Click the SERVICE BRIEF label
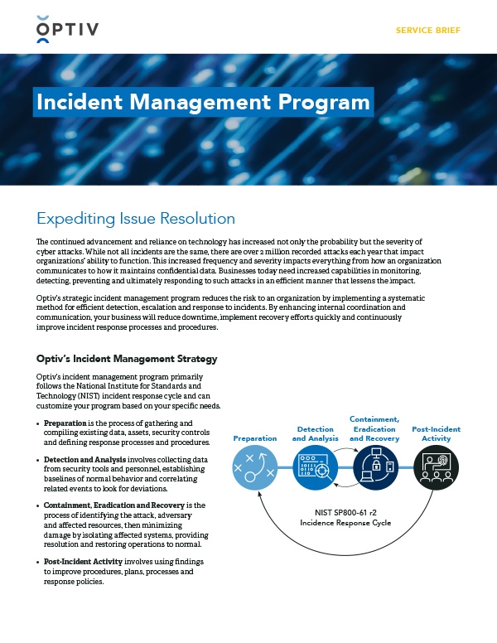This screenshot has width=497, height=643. (x=428, y=31)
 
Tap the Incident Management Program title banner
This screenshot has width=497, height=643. (x=203, y=102)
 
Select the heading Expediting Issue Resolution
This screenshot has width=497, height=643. (x=136, y=219)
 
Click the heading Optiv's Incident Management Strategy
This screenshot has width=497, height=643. (x=127, y=359)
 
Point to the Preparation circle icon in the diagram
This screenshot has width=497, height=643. (x=255, y=469)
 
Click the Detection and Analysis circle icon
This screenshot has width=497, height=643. (x=315, y=469)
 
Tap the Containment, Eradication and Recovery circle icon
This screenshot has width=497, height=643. (x=374, y=469)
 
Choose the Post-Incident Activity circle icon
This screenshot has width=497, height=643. (x=436, y=469)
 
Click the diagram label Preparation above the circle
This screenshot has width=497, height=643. (x=255, y=438)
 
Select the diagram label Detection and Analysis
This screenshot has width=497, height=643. (x=315, y=433)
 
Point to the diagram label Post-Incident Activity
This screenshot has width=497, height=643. (x=436, y=433)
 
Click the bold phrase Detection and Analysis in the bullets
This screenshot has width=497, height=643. (x=84, y=459)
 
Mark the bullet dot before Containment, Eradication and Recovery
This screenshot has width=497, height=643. (x=39, y=505)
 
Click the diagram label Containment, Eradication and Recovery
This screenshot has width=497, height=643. (x=374, y=428)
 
